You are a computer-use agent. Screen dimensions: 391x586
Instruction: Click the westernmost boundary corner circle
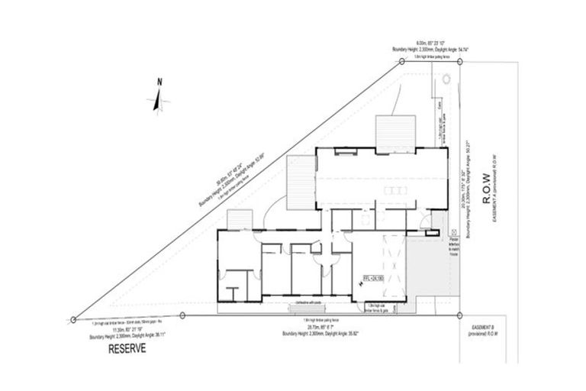pos(72,319)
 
